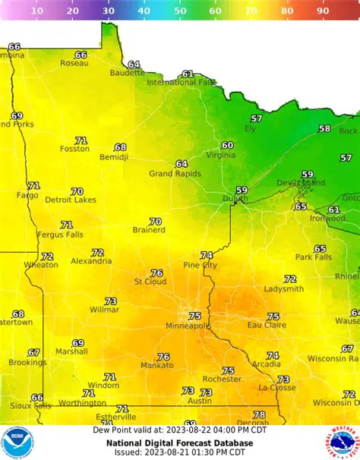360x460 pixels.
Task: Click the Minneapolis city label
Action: [x=189, y=326]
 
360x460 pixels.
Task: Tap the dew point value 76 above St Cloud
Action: [x=156, y=273]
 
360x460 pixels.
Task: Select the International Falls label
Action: [x=181, y=83]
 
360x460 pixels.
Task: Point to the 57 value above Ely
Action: [x=257, y=118]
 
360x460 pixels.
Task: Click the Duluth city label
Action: [x=235, y=200]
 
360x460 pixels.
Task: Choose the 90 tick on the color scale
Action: [x=323, y=11]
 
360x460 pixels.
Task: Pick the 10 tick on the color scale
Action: [x=36, y=11]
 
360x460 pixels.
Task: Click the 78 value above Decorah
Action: [x=259, y=414]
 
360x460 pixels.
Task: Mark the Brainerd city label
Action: [x=149, y=231]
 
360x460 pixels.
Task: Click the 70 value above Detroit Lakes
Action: [x=77, y=191]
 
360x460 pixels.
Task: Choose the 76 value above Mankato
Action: [x=163, y=357]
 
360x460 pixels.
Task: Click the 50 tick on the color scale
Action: [x=179, y=11]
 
